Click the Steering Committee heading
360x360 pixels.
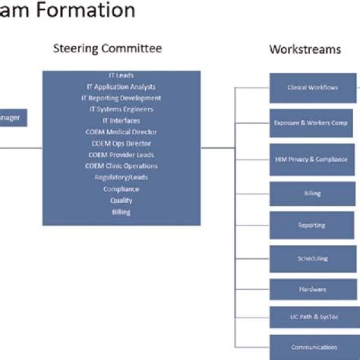pyautogui.click(x=107, y=49)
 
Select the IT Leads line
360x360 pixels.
pyautogui.click(x=122, y=75)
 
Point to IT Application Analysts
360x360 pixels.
pyautogui.click(x=122, y=87)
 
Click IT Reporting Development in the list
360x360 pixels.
pyautogui.click(x=122, y=98)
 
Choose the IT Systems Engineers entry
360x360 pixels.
pyautogui.click(x=122, y=109)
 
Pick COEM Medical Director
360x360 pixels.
pyautogui.click(x=122, y=132)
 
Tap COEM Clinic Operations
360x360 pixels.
pyautogui.click(x=122, y=166)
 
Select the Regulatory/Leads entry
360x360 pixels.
pyautogui.click(x=122, y=178)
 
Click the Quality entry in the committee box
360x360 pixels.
pyautogui.click(x=122, y=201)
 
